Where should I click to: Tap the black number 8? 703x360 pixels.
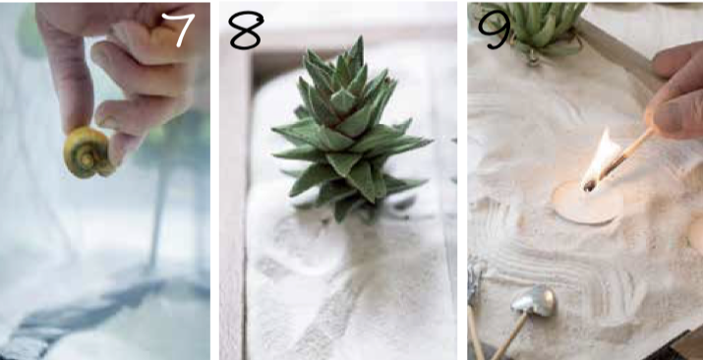point(246,30)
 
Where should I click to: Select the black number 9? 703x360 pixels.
point(495,30)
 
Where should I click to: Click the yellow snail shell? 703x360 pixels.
point(88,152)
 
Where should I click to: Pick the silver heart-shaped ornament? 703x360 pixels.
point(534,301)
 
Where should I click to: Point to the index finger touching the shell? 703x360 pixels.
point(66,76)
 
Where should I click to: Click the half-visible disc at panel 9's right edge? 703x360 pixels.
point(696,234)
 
